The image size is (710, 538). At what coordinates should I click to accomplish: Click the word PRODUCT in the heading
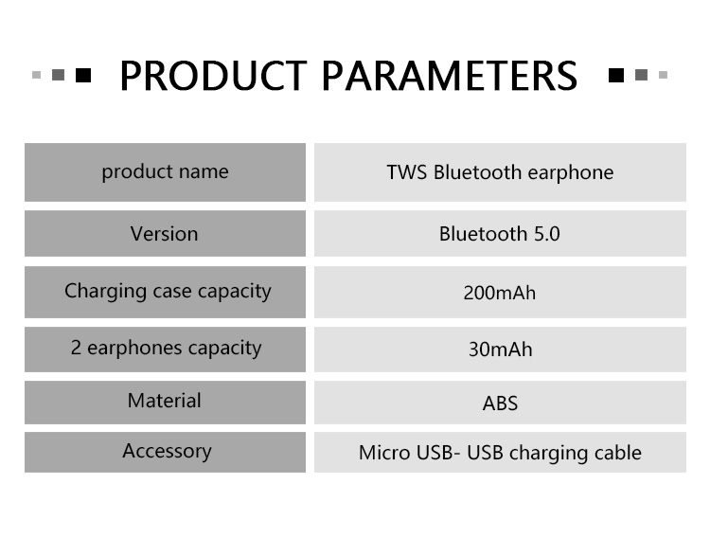213,76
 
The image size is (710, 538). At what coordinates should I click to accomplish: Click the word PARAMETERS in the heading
450,76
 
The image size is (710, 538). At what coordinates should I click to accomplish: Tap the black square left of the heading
83,75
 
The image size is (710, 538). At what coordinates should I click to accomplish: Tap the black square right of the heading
616,75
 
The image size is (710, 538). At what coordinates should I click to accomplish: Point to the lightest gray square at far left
37,75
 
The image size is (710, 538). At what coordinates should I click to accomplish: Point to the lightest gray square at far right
663,75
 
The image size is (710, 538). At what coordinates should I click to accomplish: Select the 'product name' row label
165,172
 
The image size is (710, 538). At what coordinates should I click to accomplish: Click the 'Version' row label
165,234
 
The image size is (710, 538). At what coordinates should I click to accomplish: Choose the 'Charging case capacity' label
168,292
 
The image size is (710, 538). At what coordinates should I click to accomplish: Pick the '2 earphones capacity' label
167,349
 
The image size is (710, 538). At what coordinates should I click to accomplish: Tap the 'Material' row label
165,401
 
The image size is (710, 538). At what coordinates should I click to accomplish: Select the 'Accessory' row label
167,452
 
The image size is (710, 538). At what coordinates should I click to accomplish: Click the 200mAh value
500,293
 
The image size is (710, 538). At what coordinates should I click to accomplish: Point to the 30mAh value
501,350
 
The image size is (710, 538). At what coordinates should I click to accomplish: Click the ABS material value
501,403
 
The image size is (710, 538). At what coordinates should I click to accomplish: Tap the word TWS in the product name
407,172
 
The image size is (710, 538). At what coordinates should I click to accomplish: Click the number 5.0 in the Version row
547,234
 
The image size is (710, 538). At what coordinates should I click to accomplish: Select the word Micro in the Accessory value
384,453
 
